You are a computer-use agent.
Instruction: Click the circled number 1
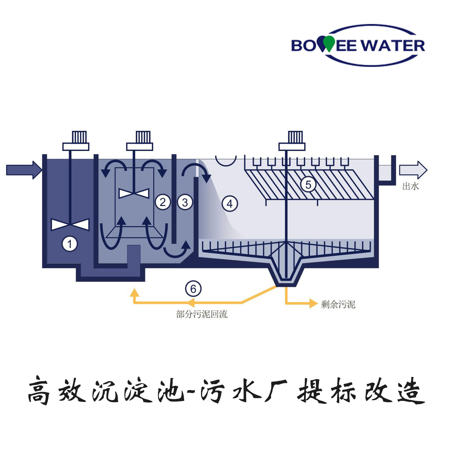point(70,244)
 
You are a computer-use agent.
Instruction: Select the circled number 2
point(163,202)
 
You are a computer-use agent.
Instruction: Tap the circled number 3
point(185,202)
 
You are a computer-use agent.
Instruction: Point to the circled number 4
point(230,204)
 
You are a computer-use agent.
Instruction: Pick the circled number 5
point(308,184)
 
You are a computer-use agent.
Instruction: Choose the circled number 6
point(193,289)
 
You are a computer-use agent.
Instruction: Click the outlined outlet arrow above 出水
point(413,170)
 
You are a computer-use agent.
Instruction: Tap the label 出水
point(410,186)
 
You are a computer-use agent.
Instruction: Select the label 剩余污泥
point(338,304)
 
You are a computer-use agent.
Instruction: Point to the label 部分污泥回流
point(201,314)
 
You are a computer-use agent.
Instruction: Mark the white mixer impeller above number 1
point(70,225)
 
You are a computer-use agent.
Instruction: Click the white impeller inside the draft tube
point(134,194)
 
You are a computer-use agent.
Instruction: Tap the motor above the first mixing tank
point(76,141)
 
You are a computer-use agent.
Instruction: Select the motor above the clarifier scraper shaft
point(292,141)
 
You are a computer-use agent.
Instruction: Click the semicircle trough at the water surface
point(226,161)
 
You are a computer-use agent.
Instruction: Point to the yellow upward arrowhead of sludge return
point(134,292)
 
